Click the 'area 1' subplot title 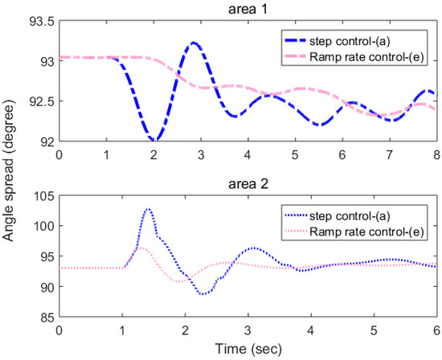248,10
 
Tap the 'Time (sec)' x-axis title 248,351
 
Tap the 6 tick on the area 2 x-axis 436,330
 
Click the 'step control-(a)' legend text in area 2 370,215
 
